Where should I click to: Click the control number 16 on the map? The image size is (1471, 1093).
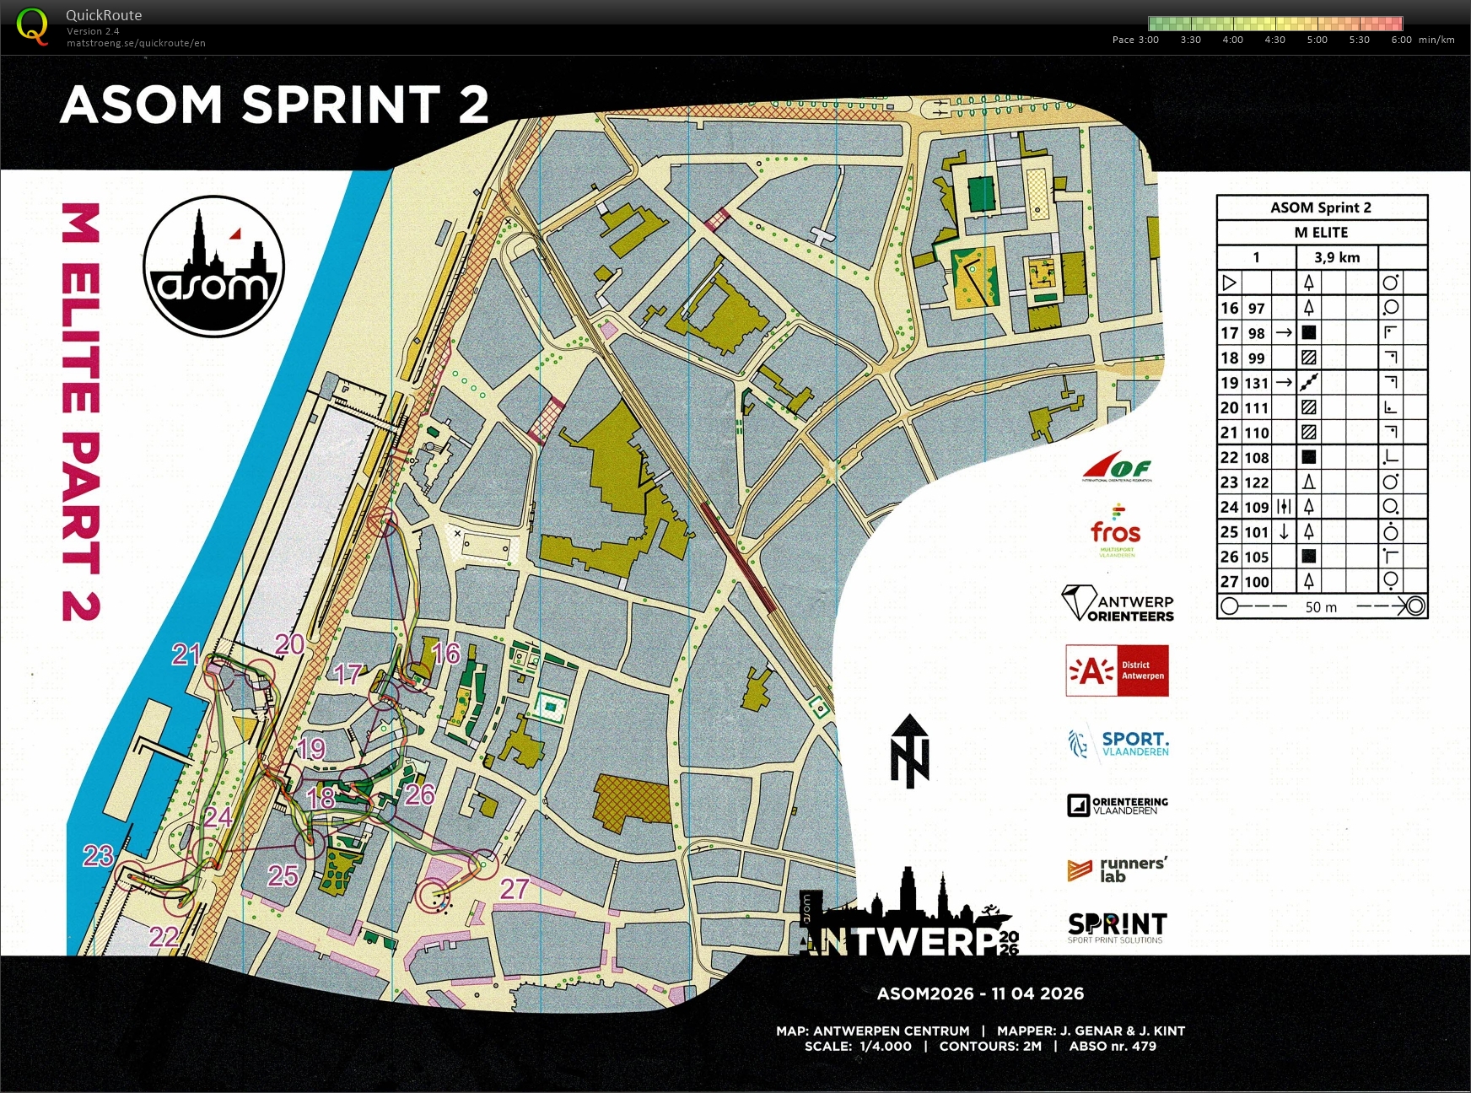point(445,653)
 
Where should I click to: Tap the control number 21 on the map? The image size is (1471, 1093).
point(186,654)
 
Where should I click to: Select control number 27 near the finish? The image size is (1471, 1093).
point(514,888)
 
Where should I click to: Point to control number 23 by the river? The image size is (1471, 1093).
point(98,856)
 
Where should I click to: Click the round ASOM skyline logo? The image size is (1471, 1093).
point(213,267)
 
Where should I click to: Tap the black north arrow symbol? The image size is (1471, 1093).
point(909,751)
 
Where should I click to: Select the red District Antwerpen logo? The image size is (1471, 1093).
point(1117,670)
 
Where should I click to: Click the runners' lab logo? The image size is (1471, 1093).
point(1117,870)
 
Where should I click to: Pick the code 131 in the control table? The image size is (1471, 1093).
point(1256,383)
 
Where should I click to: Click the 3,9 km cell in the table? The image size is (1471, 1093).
point(1337,257)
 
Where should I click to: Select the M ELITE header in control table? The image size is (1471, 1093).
point(1321,232)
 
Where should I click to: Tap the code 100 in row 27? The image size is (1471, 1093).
point(1256,582)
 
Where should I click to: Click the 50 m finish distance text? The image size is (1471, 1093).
point(1321,607)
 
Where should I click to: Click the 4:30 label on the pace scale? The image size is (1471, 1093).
point(1274,40)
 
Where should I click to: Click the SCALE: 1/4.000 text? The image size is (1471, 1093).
point(858,1047)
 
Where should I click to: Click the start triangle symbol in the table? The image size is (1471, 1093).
point(1229,283)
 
